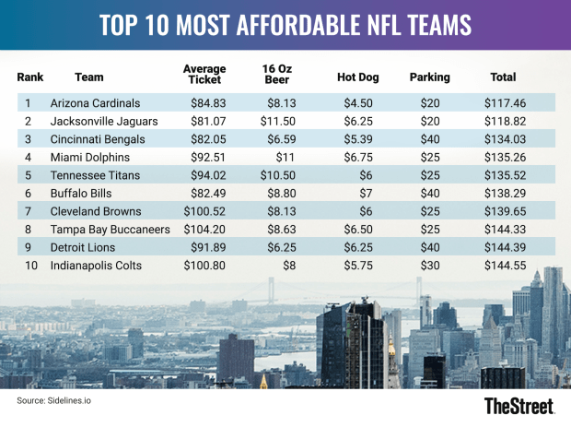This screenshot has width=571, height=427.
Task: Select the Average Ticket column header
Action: pos(204,74)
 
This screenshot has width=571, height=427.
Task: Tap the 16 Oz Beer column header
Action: pos(277,74)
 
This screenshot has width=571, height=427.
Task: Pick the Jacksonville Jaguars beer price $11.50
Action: pos(280,120)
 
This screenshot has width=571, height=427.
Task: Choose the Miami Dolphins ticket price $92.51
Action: pos(207,157)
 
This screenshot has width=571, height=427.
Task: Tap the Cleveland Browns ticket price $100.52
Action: pos(204,211)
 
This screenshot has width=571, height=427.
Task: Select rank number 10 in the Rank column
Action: pos(30,265)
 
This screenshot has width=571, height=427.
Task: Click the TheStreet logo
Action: pos(519,406)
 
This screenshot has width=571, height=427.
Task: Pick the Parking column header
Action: pos(429,77)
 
